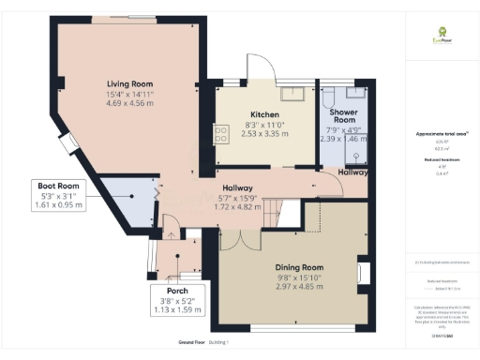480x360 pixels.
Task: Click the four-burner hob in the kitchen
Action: click(222, 135)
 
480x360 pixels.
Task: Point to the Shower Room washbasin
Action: click(357, 92)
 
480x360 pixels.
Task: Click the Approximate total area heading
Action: click(437, 134)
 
